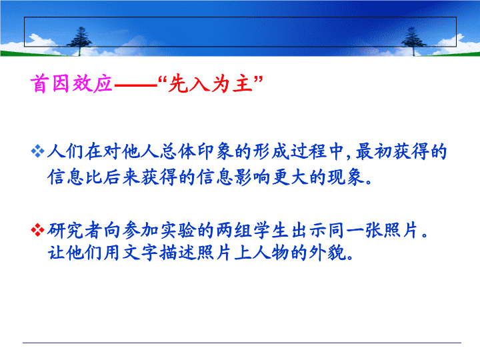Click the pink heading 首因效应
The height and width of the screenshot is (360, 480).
pyautogui.click(x=71, y=83)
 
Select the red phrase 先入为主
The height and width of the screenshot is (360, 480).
pyautogui.click(x=211, y=83)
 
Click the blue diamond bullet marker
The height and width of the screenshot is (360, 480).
pyautogui.click(x=37, y=151)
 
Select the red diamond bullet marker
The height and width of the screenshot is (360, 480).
pyautogui.click(x=37, y=230)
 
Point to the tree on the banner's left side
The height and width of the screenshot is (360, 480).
pyautogui.click(x=80, y=41)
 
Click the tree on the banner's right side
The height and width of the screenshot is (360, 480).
pyautogui.click(x=413, y=41)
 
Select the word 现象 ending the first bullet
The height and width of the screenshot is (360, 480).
pyautogui.click(x=346, y=177)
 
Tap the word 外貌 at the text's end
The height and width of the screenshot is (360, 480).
pyautogui.click(x=327, y=253)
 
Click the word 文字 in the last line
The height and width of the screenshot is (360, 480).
pyautogui.click(x=141, y=253)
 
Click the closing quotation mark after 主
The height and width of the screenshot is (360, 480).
pyautogui.click(x=259, y=79)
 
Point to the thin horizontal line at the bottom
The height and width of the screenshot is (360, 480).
pyautogui.click(x=242, y=343)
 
